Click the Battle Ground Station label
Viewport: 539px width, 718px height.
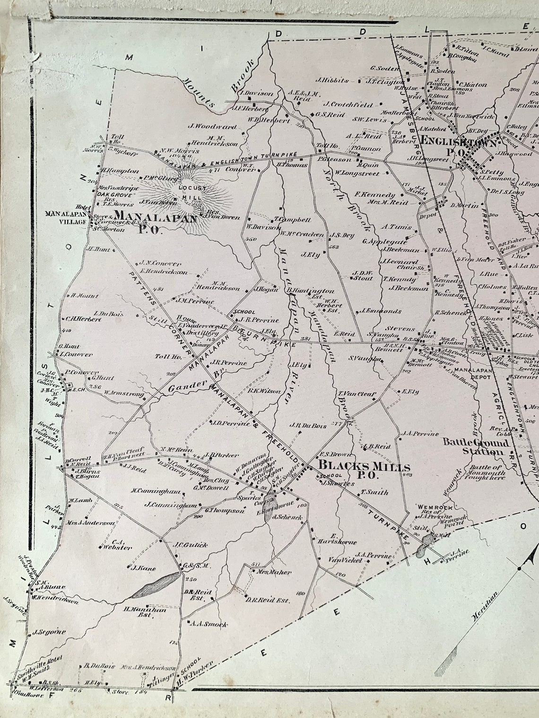[476, 447]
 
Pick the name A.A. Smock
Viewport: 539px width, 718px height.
[208, 624]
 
